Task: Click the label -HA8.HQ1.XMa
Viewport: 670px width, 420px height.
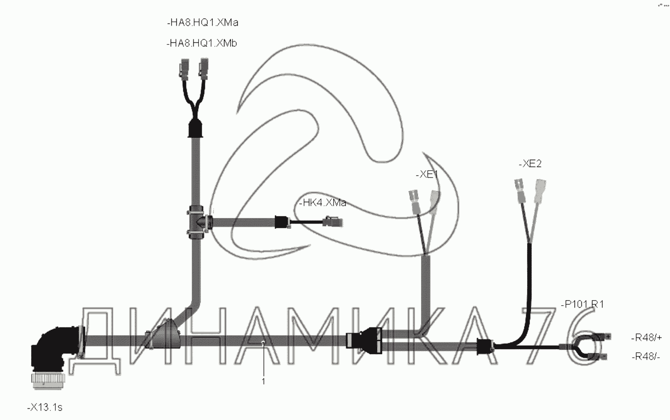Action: [202, 23]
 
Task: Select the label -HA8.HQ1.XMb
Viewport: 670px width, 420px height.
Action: [201, 43]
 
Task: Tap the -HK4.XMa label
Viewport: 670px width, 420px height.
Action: [322, 203]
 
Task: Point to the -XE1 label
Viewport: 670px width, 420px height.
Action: [427, 174]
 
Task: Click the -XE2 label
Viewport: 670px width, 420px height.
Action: [530, 164]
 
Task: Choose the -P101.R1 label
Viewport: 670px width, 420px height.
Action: [582, 304]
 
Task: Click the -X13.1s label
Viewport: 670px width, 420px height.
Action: [44, 407]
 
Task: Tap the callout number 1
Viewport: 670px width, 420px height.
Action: [263, 381]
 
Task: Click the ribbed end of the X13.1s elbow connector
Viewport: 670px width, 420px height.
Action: [48, 380]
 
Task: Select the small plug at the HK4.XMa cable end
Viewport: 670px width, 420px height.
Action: [333, 222]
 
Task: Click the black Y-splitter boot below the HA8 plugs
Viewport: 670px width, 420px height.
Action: [196, 129]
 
